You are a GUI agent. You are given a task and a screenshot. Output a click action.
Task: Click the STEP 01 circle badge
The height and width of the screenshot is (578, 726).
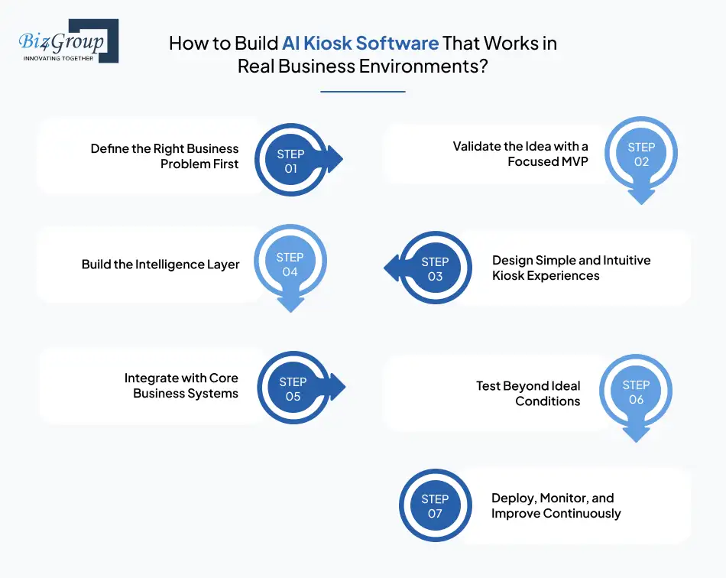pyautogui.click(x=290, y=161)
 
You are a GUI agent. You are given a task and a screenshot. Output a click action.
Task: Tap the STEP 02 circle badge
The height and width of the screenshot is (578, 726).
pyautogui.click(x=641, y=154)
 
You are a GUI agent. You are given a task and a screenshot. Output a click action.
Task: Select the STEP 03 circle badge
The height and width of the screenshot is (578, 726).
pyautogui.click(x=435, y=268)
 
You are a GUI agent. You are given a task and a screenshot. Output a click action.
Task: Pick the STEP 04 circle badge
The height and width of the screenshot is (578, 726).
pyautogui.click(x=290, y=265)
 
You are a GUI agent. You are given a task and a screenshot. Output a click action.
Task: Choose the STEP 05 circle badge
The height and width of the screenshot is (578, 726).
pyautogui.click(x=293, y=388)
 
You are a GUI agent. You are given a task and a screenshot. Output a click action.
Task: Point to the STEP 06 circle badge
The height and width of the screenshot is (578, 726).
pyautogui.click(x=636, y=392)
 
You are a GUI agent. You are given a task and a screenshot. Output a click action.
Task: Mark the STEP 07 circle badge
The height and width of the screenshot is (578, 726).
pyautogui.click(x=435, y=506)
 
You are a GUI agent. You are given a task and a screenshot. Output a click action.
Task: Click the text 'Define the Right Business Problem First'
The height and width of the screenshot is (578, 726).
pyautogui.click(x=164, y=156)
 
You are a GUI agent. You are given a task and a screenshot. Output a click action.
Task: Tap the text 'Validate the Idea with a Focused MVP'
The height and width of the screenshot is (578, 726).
pyautogui.click(x=520, y=154)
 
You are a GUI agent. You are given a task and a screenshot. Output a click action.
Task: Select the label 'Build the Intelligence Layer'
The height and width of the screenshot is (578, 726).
pyautogui.click(x=160, y=265)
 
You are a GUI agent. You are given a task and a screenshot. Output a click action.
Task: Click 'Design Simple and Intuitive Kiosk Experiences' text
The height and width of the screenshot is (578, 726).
pyautogui.click(x=571, y=268)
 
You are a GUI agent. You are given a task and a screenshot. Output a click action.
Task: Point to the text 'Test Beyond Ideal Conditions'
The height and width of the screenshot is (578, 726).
pyautogui.click(x=528, y=393)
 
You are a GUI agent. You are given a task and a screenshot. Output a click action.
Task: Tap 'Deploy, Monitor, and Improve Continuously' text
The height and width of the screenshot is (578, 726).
pyautogui.click(x=556, y=505)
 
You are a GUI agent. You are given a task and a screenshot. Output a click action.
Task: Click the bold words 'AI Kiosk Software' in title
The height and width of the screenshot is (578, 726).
pyautogui.click(x=360, y=43)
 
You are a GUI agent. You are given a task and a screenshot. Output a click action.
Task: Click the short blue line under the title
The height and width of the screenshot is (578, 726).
pyautogui.click(x=362, y=92)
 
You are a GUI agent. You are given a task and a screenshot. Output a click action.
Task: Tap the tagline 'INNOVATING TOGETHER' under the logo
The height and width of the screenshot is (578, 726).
pyautogui.click(x=58, y=58)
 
